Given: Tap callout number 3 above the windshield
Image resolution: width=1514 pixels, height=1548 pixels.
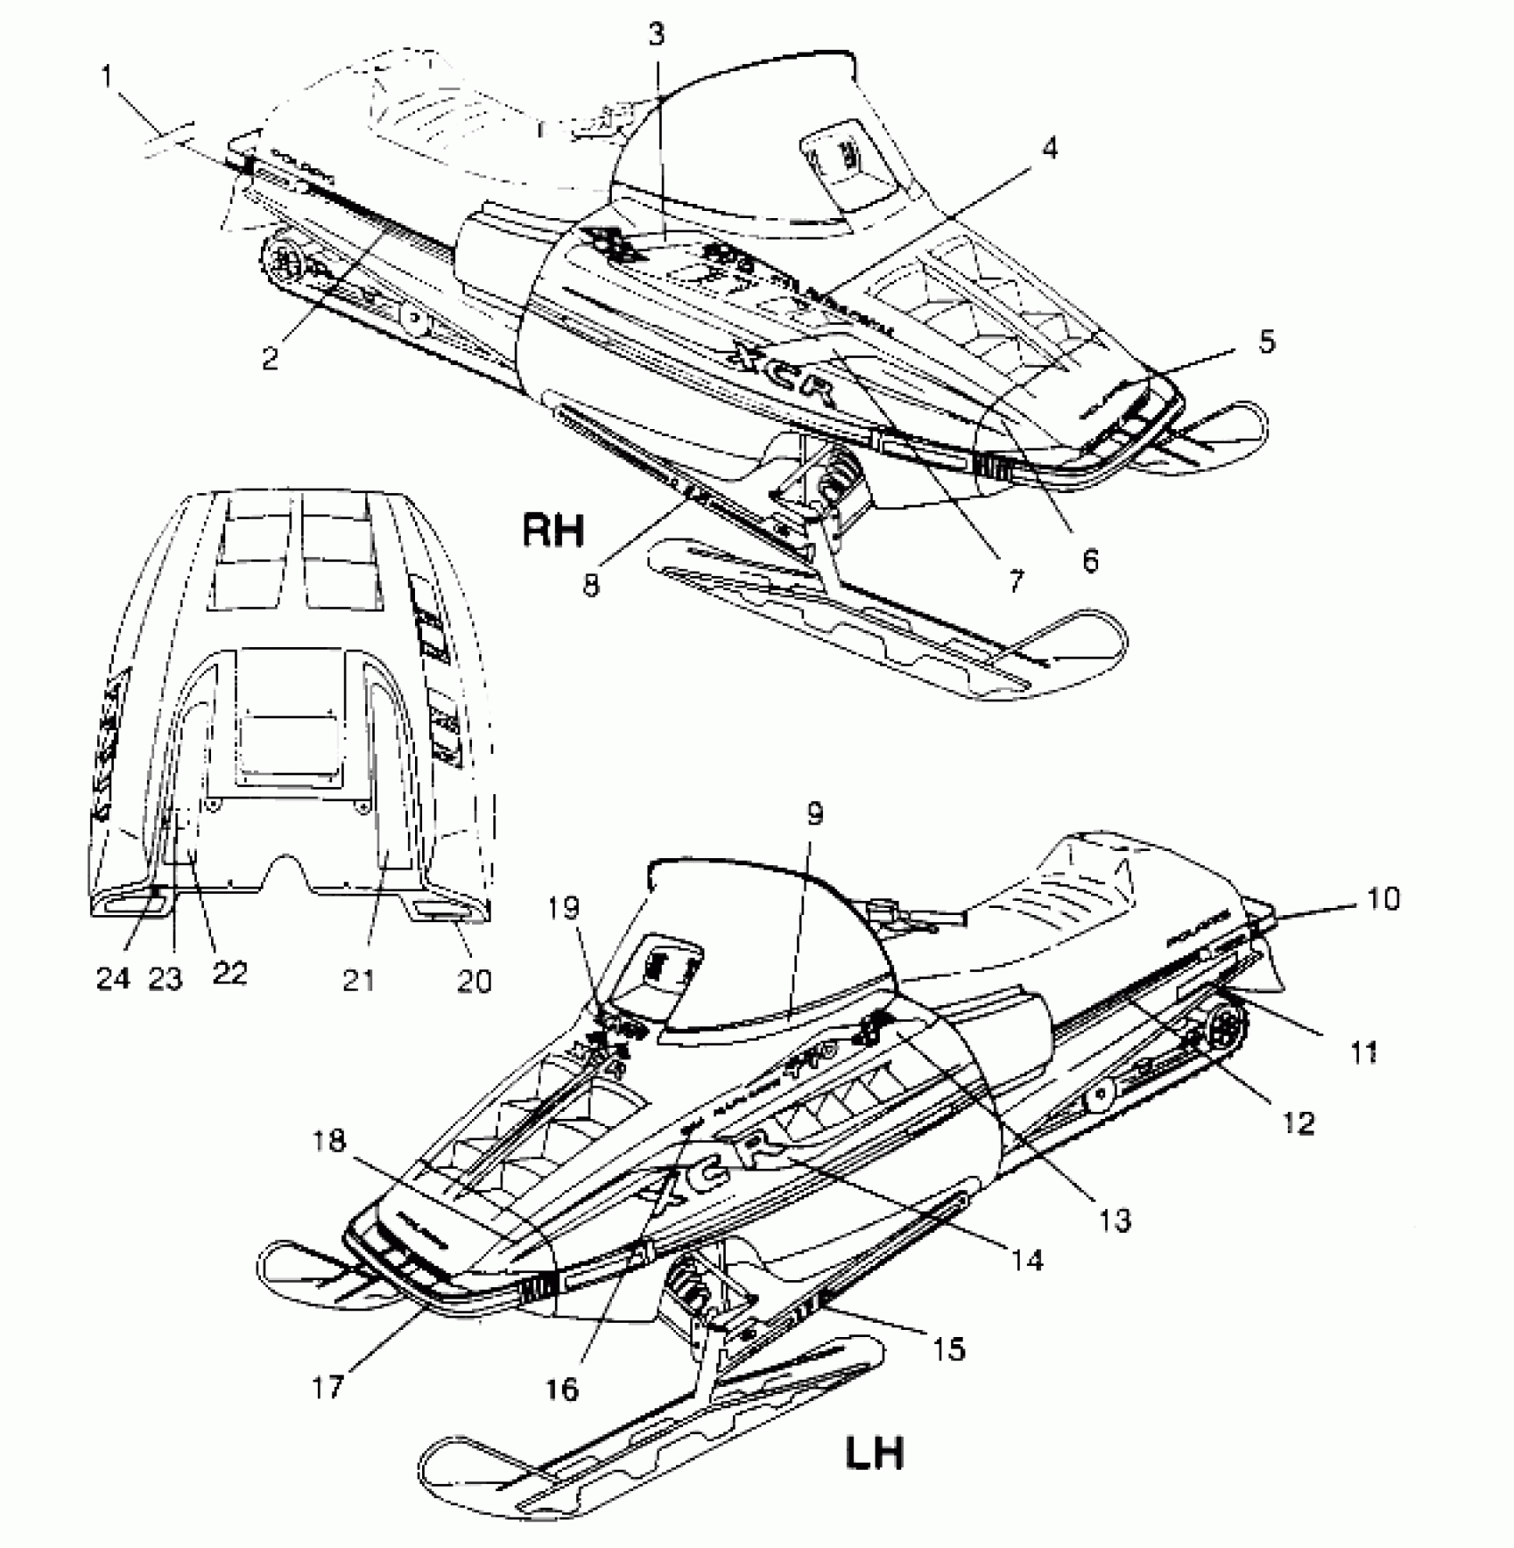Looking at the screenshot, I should [x=655, y=36].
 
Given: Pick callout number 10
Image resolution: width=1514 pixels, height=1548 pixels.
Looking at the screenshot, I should [x=1381, y=899].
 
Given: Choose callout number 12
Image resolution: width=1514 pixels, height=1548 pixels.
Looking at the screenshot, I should [x=1299, y=1123].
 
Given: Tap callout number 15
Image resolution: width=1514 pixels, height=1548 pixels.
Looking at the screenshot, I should [x=950, y=1349].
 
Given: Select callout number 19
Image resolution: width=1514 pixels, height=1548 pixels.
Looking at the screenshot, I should [x=565, y=908].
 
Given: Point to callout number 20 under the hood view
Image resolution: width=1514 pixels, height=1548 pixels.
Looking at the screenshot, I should [x=474, y=980].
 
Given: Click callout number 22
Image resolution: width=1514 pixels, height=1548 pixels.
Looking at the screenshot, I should [x=229, y=973].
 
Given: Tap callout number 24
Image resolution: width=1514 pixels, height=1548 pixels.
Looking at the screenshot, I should [x=113, y=978].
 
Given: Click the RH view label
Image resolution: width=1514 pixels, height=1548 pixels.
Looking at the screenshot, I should [x=553, y=531].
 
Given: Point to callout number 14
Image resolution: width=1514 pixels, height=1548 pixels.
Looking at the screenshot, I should [x=1027, y=1260].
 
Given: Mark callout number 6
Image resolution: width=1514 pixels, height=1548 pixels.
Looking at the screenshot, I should [x=1090, y=560].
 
